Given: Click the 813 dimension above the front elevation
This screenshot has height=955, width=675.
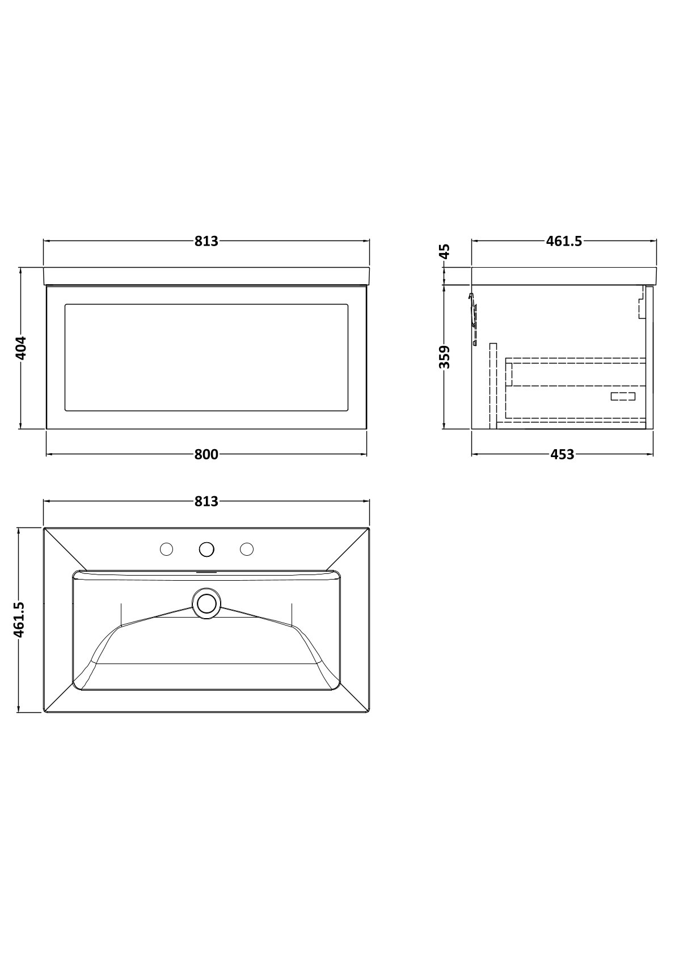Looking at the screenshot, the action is point(206,242).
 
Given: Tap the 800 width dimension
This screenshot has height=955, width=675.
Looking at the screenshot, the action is point(206,454).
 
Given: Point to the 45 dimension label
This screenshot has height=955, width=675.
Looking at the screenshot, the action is point(444,251).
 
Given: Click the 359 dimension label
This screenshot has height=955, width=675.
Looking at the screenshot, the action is point(444,357).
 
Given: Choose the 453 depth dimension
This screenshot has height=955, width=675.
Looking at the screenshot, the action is point(563,454).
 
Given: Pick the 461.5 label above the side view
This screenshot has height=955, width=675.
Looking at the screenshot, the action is point(564,242).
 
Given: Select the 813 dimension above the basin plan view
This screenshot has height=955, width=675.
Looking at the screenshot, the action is point(206,501).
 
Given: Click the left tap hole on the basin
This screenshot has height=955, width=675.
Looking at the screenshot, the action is point(166,549).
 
